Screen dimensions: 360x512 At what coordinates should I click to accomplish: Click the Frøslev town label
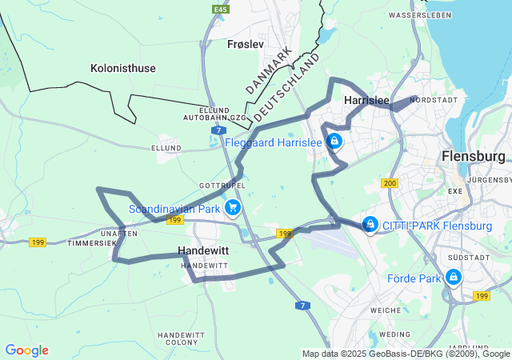point(245,44)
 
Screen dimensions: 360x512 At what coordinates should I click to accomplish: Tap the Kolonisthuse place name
point(123,68)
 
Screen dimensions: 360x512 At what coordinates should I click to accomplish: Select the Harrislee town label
point(366,101)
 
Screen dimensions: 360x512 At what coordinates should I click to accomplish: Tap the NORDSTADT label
point(433,100)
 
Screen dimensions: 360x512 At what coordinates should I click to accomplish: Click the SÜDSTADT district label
point(470,258)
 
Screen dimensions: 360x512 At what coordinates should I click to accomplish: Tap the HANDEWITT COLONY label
point(182,338)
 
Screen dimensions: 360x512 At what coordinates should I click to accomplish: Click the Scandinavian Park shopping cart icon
point(233,208)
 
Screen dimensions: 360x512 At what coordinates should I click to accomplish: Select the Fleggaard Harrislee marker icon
point(334,142)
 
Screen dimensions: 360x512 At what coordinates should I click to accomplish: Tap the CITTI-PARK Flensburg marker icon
point(370,225)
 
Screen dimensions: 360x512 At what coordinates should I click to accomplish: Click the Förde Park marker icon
point(454,277)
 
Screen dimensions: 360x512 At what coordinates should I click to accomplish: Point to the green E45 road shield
point(221,10)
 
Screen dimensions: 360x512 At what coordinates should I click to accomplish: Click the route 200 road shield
point(390,184)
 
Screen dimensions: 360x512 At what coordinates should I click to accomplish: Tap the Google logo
point(26,350)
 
